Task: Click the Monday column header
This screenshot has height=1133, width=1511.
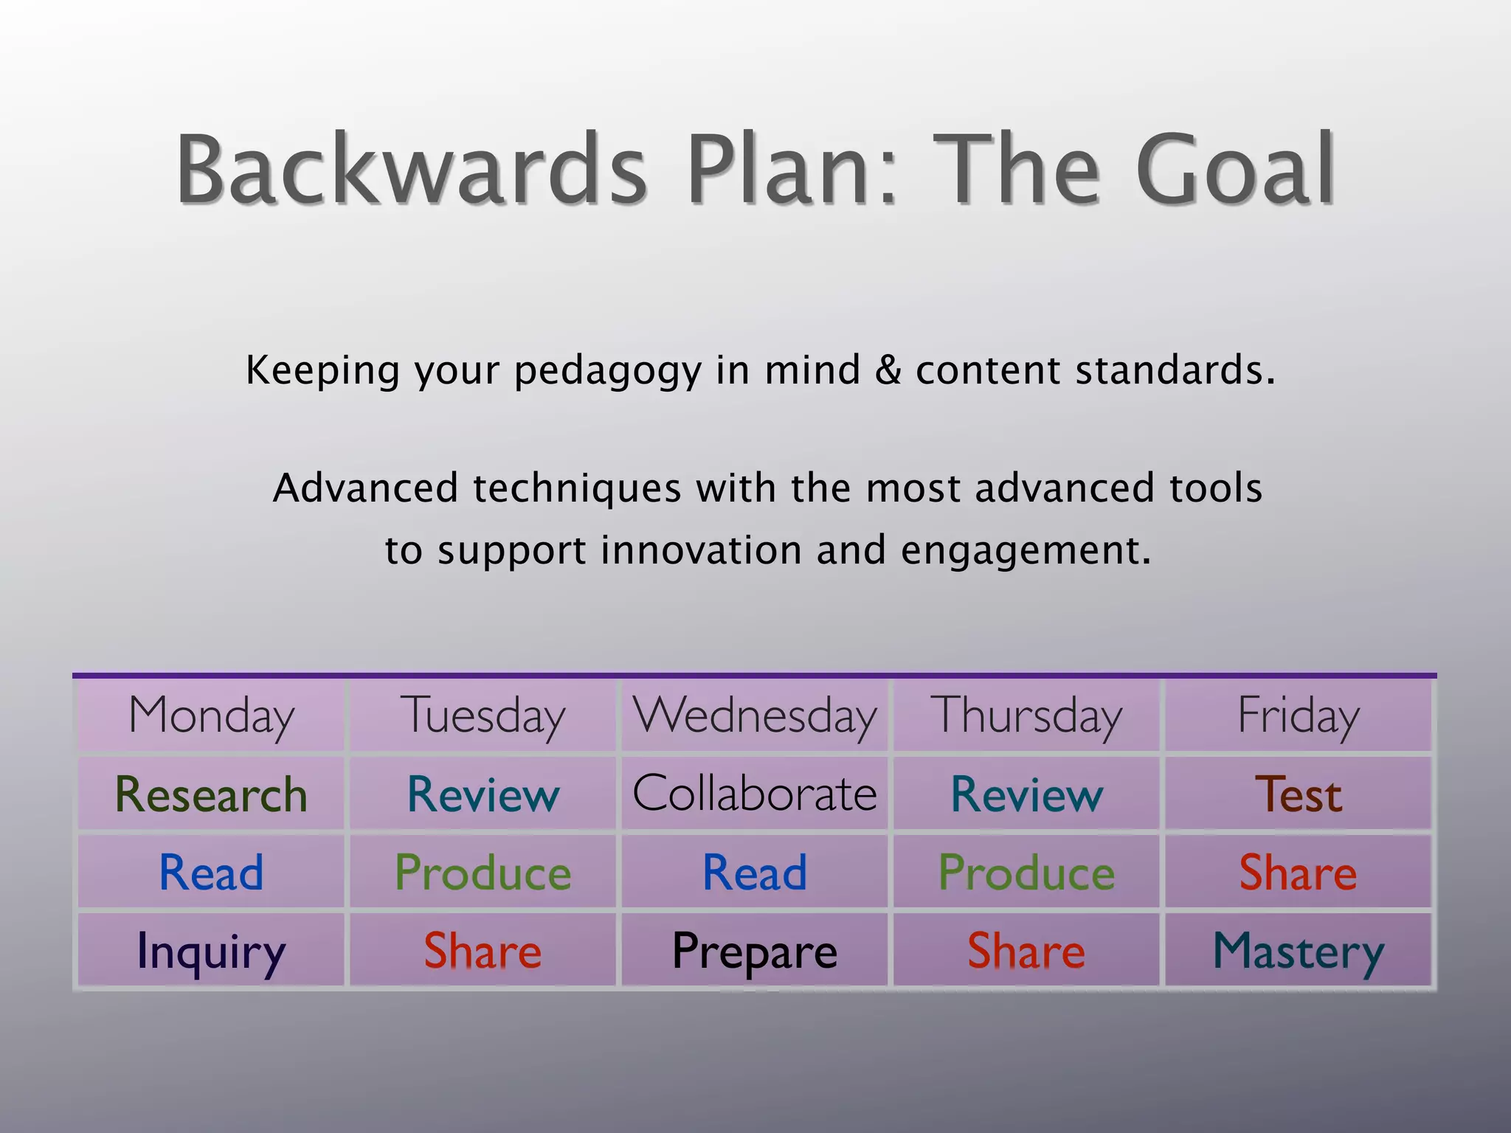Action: click(211, 716)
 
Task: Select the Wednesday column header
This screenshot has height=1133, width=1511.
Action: click(755, 716)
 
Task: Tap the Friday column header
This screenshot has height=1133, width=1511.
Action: click(1299, 716)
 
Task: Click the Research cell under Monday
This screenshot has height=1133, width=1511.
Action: click(211, 794)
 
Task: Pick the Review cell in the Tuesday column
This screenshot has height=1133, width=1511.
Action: click(483, 794)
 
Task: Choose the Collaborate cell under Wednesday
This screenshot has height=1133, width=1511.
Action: click(755, 794)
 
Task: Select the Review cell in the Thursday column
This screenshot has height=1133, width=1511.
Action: click(1026, 794)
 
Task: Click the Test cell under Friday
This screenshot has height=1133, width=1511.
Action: click(1299, 794)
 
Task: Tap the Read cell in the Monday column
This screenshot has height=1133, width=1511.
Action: click(211, 873)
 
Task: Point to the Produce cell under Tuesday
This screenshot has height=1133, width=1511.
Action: click(483, 873)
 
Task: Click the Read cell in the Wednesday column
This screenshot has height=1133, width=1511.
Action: click(755, 873)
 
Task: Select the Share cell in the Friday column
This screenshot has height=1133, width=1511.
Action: click(1299, 873)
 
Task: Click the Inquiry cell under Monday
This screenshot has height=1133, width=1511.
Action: click(211, 951)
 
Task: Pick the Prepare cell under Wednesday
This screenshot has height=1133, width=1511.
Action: click(755, 951)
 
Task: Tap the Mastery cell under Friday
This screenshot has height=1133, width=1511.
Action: click(1299, 951)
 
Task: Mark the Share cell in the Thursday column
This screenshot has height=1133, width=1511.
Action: click(1026, 951)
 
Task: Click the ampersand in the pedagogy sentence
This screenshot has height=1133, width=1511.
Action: click(888, 370)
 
